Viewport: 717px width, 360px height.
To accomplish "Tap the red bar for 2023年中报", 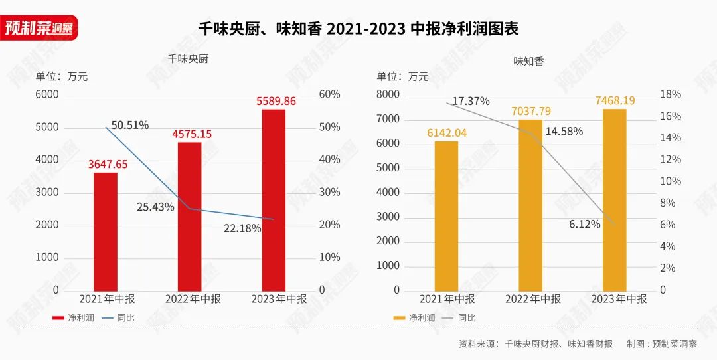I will pos(274,199).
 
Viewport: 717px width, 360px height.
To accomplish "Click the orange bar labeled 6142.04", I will pos(446,215).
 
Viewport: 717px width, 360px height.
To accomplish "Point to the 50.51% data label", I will pos(129,125).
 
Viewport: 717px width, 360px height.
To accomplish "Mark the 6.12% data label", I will pos(584,225).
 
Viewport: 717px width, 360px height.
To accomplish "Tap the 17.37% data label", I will pos(471,101).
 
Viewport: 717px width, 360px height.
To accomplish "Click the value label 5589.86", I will pos(276,102).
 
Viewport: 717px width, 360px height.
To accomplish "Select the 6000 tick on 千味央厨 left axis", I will pos(46,94).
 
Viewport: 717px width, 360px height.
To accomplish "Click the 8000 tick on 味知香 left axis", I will pos(388,94).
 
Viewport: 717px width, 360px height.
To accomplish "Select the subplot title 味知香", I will pos(528,62).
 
